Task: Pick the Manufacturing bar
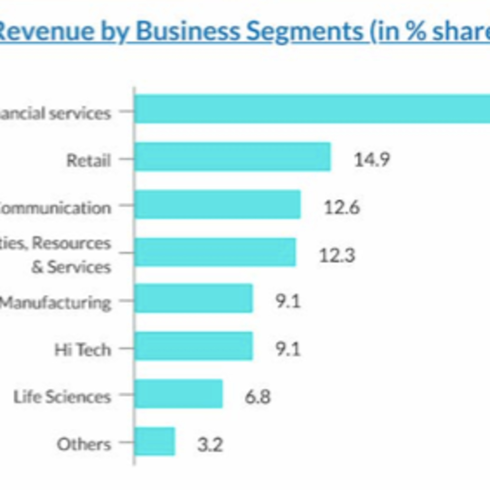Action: pos(194,299)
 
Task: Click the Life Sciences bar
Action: pos(179,394)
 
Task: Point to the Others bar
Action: pos(155,441)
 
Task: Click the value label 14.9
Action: pos(372,160)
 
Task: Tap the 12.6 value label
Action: pos(342,207)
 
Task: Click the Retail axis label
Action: pos(89,160)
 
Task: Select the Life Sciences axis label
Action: pos(62,397)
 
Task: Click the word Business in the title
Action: pos(188,32)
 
